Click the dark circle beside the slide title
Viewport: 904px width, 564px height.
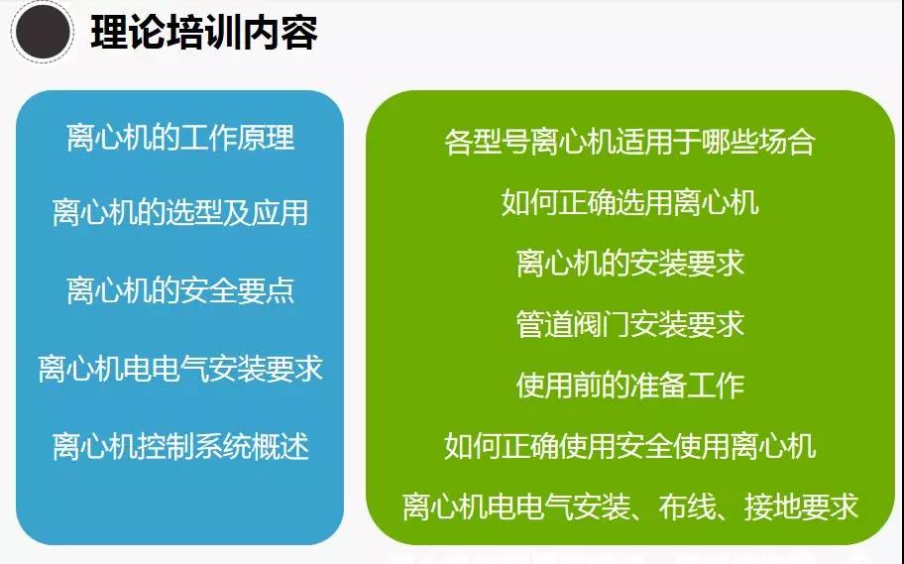(x=43, y=33)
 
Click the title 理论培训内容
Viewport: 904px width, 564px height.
(x=204, y=33)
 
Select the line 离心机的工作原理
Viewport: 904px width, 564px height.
(x=180, y=137)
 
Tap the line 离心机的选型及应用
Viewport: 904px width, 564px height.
(x=180, y=212)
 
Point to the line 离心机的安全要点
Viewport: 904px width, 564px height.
(x=180, y=290)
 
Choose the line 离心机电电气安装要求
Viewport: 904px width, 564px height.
(x=180, y=368)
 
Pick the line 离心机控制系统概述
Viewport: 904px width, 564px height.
(x=180, y=446)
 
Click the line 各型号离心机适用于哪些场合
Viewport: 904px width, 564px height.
(x=629, y=142)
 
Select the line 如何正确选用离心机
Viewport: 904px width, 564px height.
(x=629, y=202)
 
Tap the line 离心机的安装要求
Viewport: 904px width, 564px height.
(x=629, y=263)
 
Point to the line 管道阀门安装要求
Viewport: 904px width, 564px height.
(x=629, y=324)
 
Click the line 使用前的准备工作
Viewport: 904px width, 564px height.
(x=629, y=386)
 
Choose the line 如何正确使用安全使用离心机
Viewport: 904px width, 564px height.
(x=629, y=446)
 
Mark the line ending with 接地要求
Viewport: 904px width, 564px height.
(x=629, y=507)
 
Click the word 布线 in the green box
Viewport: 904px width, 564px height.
(x=686, y=507)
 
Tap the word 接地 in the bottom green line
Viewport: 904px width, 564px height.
(x=772, y=507)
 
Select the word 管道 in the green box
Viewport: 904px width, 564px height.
(x=544, y=324)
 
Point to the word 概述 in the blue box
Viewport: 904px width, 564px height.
(x=281, y=446)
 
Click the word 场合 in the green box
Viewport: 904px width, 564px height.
(x=787, y=142)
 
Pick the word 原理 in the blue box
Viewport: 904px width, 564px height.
(x=267, y=137)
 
